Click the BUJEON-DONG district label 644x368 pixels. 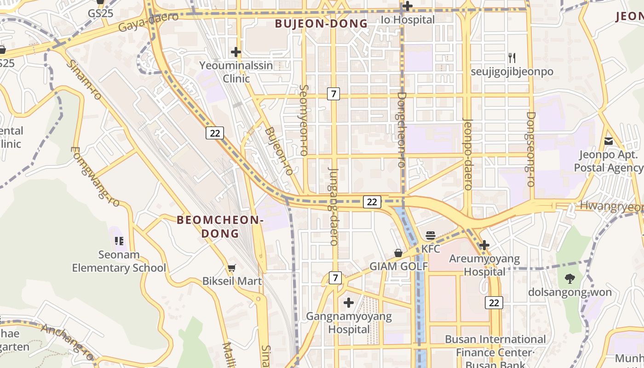pyautogui.click(x=322, y=23)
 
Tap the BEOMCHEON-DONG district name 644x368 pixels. pyautogui.click(x=220, y=226)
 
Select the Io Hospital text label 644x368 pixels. pyautogui.click(x=408, y=20)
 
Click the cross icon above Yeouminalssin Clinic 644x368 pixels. pyautogui.click(x=236, y=52)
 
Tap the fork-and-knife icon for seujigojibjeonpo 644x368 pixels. pyautogui.click(x=512, y=58)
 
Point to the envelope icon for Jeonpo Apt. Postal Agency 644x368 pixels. pyautogui.click(x=609, y=141)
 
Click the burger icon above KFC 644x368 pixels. pyautogui.click(x=431, y=236)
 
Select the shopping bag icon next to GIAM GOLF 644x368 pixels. pyautogui.click(x=398, y=253)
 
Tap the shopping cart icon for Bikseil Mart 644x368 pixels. pyautogui.click(x=232, y=268)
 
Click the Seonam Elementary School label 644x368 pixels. pyautogui.click(x=119, y=261)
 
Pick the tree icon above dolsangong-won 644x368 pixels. pyautogui.click(x=569, y=278)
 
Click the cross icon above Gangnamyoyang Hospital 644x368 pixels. pyautogui.click(x=349, y=303)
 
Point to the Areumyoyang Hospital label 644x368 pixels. pyautogui.click(x=484, y=265)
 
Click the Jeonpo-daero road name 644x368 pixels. pyautogui.click(x=468, y=154)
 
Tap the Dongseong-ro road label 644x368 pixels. pyautogui.click(x=531, y=149)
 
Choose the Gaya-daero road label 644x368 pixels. pyautogui.click(x=148, y=22)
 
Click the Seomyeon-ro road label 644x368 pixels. pyautogui.click(x=303, y=120)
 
